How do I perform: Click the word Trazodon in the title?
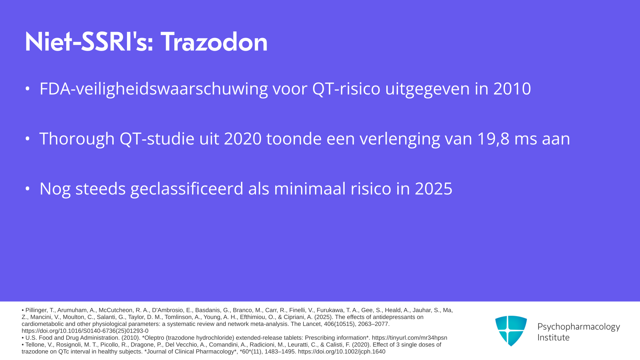[x=214, y=42]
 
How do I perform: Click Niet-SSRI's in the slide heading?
[x=89, y=42]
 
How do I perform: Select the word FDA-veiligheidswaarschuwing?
[x=154, y=89]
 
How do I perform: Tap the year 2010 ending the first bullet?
[x=512, y=89]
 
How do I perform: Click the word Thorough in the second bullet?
[x=77, y=139]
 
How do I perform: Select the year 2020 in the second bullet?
[x=243, y=139]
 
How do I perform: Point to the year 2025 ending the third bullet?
[x=434, y=189]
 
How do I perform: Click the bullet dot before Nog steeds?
[x=28, y=189]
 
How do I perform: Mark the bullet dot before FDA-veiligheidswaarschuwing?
[x=28, y=89]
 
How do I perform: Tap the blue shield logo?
[x=511, y=331]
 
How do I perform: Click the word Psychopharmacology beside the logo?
[x=579, y=327]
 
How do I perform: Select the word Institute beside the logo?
[x=553, y=337]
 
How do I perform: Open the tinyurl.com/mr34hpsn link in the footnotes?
[x=410, y=338]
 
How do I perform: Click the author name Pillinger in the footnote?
[x=39, y=310]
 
